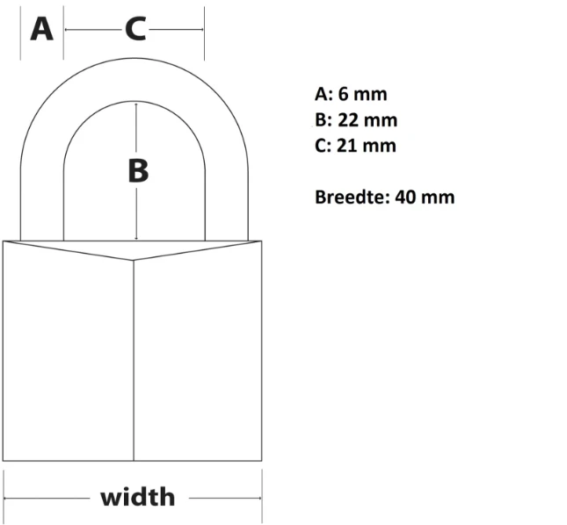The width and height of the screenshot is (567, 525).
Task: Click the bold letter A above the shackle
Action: (x=42, y=29)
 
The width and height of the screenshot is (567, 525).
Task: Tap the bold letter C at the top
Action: (x=135, y=29)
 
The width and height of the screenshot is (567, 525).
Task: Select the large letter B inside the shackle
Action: (x=138, y=170)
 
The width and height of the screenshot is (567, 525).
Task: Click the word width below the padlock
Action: (x=138, y=497)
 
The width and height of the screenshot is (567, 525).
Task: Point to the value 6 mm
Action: (x=363, y=94)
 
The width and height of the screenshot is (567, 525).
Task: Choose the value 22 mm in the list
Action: (x=367, y=120)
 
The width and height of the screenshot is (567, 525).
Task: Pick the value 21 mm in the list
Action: (x=367, y=146)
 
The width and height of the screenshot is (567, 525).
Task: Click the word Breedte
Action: (x=353, y=198)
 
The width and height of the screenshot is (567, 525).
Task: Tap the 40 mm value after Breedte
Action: (x=425, y=198)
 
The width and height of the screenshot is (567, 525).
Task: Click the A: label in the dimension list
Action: (x=324, y=94)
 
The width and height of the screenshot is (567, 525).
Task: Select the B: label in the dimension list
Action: (x=323, y=120)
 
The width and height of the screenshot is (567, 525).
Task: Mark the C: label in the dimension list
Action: (x=323, y=146)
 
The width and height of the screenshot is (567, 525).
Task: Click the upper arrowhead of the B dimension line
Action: (x=136, y=104)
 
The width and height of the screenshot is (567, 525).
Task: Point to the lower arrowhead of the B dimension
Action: (x=136, y=238)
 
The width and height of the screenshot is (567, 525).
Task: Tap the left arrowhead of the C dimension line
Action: (x=66, y=29)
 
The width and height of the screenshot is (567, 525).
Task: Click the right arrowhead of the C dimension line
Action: (x=202, y=29)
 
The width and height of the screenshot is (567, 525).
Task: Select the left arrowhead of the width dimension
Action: (x=6, y=499)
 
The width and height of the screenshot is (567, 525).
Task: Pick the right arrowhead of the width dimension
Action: (x=259, y=499)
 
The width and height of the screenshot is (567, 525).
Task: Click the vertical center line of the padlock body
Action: (x=134, y=360)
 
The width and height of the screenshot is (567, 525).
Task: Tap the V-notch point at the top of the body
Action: (x=134, y=260)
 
